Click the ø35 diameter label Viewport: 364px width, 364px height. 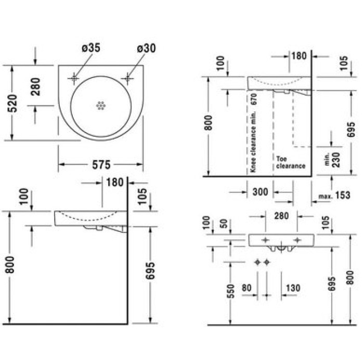90,48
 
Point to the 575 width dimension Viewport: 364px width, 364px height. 101,165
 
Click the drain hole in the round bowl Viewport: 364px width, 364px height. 101,106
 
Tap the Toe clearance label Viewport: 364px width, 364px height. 290,163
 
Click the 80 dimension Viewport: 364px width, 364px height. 247,288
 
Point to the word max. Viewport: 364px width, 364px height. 326,197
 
